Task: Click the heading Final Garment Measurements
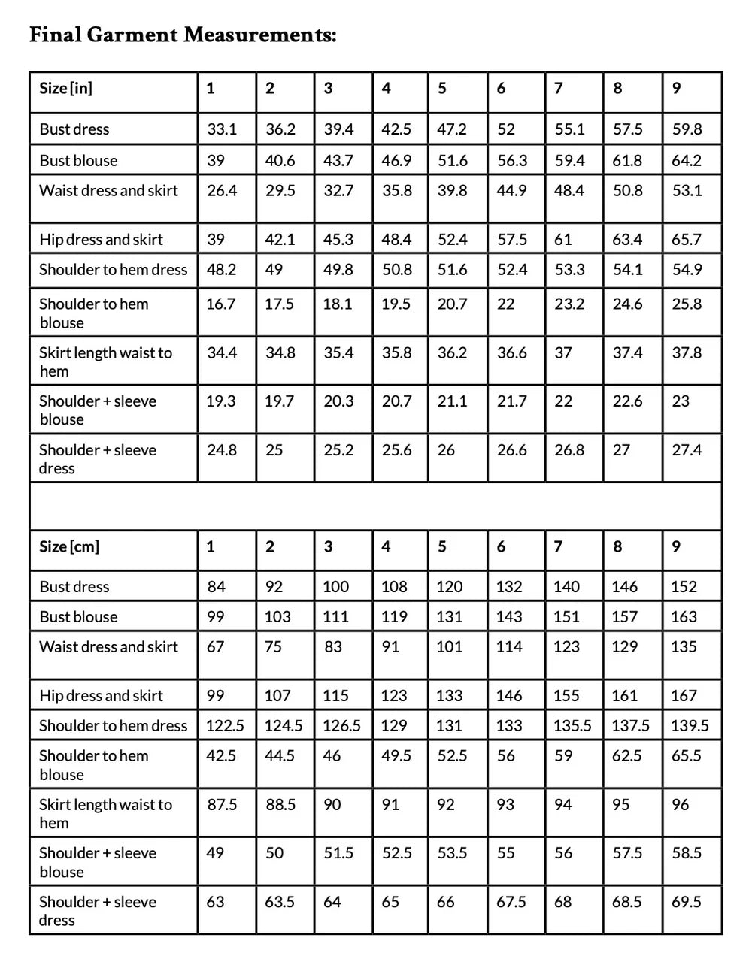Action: click(x=183, y=35)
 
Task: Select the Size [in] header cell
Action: click(x=66, y=88)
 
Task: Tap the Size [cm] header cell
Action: click(x=69, y=546)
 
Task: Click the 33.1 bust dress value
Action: click(x=222, y=129)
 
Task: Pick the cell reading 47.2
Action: click(x=452, y=129)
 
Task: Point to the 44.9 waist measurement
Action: click(x=511, y=191)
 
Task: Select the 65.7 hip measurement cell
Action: click(x=687, y=240)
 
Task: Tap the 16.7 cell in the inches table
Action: click(x=220, y=304)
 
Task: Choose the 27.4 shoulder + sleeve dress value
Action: click(x=687, y=450)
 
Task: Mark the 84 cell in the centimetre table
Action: click(x=216, y=587)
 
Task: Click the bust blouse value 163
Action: click(x=684, y=617)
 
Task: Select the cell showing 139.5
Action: click(x=690, y=726)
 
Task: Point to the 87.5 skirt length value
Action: click(x=222, y=805)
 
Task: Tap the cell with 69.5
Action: click(x=687, y=902)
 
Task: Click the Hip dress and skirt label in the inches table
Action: click(x=102, y=240)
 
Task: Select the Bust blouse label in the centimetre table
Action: click(x=79, y=617)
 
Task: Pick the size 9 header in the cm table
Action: click(x=676, y=546)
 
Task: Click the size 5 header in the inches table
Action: click(x=442, y=88)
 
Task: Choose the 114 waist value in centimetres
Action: click(x=509, y=647)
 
